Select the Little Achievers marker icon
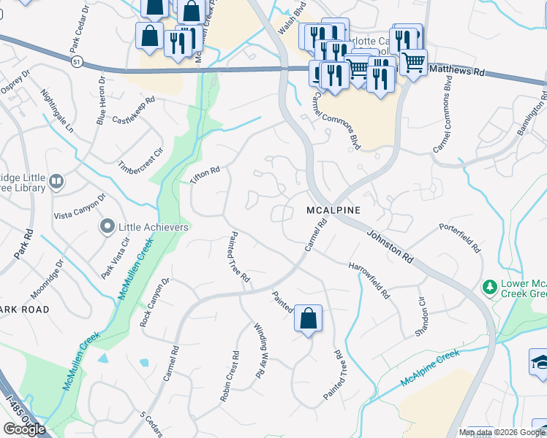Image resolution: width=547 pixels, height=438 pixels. pyautogui.click(x=108, y=227)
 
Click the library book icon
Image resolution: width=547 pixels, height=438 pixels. pyautogui.click(x=56, y=180)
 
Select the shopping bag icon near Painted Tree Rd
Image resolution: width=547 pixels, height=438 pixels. pyautogui.click(x=308, y=319)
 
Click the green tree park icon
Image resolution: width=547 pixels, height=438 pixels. pyautogui.click(x=489, y=287)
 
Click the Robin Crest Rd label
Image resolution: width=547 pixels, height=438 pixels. pyautogui.click(x=230, y=378)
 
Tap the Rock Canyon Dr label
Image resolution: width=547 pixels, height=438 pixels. pyautogui.click(x=154, y=301)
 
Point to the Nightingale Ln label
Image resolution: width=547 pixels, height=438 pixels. pyautogui.click(x=58, y=111)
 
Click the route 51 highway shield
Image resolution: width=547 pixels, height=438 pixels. pyautogui.click(x=76, y=63)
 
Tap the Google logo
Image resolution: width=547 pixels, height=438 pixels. pyautogui.click(x=24, y=429)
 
